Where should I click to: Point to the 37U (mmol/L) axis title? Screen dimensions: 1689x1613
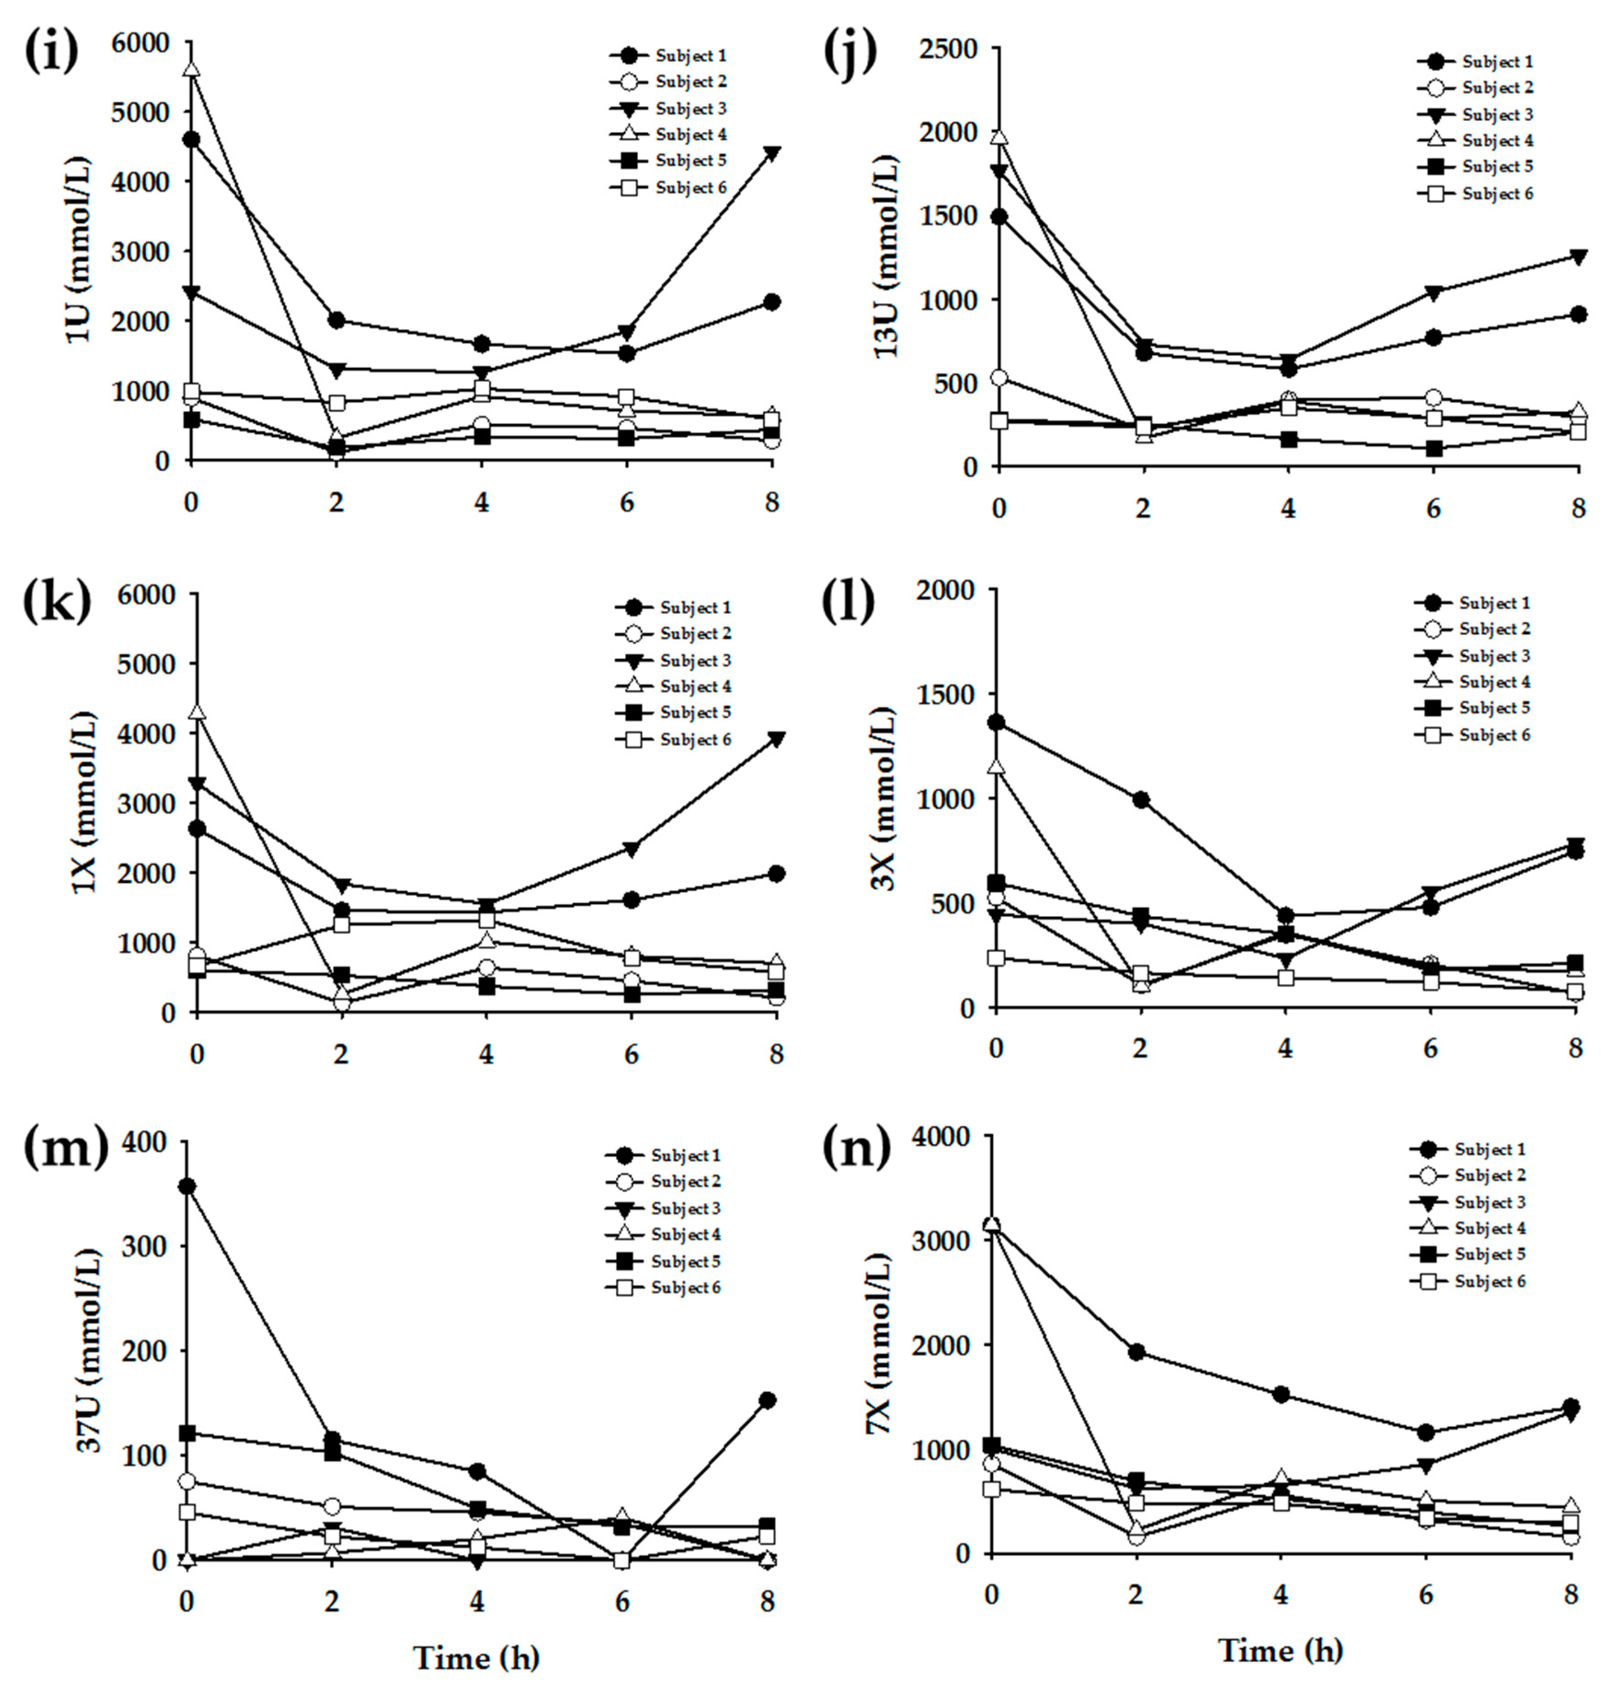[x=89, y=1350]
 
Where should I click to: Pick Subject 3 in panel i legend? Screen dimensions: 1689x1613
[x=690, y=109]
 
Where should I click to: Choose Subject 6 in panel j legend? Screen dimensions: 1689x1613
[x=1497, y=194]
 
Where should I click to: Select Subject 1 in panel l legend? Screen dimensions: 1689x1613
[x=1494, y=603]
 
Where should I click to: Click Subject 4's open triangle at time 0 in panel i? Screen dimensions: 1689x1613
[x=191, y=69]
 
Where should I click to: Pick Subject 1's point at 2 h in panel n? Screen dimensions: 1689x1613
[x=1136, y=1352]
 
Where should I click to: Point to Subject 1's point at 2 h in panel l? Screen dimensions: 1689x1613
[x=1141, y=800]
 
